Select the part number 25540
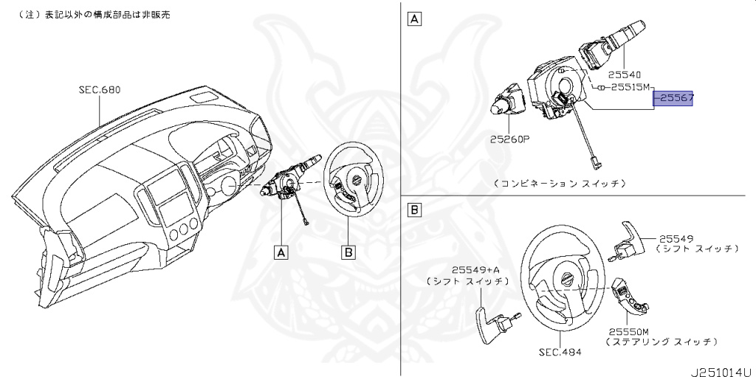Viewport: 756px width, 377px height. (624, 75)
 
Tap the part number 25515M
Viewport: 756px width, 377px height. (629, 87)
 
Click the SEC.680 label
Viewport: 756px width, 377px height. (99, 90)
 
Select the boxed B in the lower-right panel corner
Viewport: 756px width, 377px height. (415, 212)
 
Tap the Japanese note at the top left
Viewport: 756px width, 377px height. (89, 15)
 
